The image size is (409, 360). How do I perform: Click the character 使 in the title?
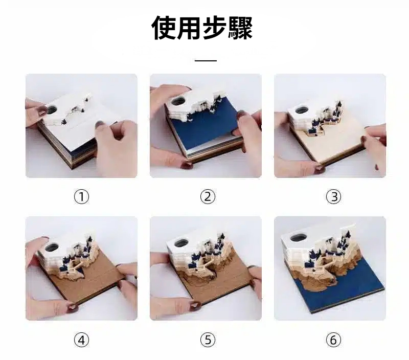(164, 28)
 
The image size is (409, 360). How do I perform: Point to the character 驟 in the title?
(240, 28)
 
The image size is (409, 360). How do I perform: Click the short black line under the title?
(206, 60)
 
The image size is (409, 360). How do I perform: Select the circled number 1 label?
(82, 197)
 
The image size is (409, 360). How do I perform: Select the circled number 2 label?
(208, 197)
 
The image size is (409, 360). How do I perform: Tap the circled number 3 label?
(334, 197)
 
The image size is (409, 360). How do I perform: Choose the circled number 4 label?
(82, 340)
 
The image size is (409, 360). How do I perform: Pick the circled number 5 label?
(208, 340)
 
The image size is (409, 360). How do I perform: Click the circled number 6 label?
(334, 340)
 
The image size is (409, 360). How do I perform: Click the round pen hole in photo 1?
(52, 109)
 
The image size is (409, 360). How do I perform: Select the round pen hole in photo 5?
(181, 243)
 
